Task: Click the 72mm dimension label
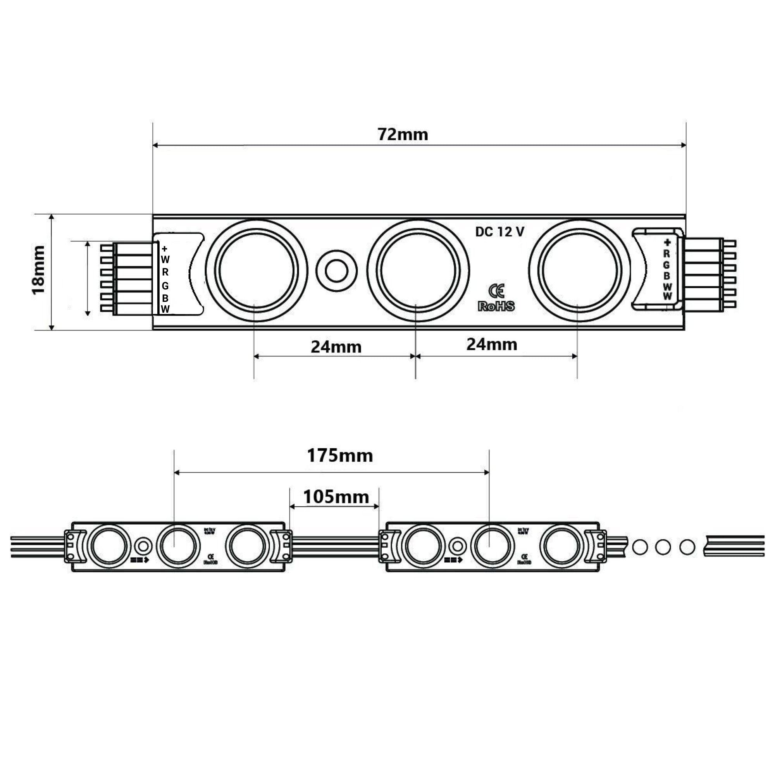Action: click(x=403, y=134)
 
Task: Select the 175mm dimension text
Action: click(x=340, y=456)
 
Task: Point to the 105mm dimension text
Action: click(x=336, y=497)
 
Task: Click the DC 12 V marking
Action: click(x=499, y=232)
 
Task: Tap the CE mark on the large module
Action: click(x=497, y=292)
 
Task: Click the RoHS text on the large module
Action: click(x=496, y=307)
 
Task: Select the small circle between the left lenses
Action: click(x=336, y=271)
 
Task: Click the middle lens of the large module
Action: click(x=418, y=271)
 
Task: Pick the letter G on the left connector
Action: click(x=165, y=286)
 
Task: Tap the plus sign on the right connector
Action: click(x=667, y=242)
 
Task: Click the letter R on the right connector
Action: click(x=666, y=254)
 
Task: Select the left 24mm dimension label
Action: click(x=336, y=347)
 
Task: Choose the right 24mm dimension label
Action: click(x=491, y=344)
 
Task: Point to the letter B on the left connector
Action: click(x=165, y=298)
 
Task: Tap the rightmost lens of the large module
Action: click(x=579, y=271)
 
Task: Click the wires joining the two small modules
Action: click(x=335, y=546)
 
